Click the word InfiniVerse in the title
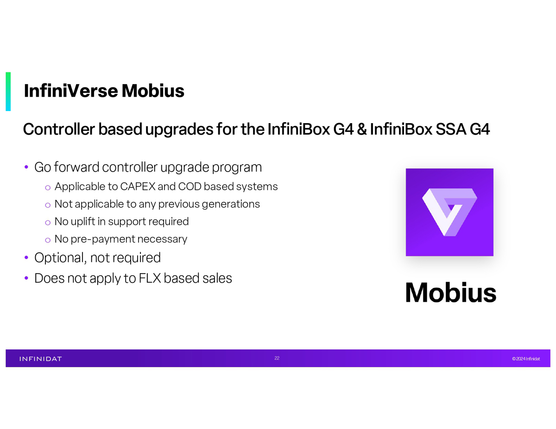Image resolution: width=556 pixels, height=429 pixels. [71, 91]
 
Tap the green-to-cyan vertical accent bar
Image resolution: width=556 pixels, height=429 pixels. [8, 92]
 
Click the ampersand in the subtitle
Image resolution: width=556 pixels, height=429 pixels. [362, 129]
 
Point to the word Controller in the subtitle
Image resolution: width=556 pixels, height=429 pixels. [59, 129]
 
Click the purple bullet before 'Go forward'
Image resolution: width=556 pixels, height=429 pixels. [26, 167]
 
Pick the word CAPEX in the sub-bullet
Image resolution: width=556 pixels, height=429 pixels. [138, 187]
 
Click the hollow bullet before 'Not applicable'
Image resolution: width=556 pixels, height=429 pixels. [48, 205]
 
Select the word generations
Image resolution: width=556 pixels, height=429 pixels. [231, 205]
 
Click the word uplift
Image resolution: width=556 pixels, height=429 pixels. [83, 222]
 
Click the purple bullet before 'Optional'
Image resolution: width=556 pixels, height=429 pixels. [26, 257]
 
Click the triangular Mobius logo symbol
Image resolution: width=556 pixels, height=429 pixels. [449, 212]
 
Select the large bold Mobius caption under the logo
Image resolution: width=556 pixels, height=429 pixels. [450, 292]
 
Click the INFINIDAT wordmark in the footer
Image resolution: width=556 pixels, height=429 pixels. [41, 359]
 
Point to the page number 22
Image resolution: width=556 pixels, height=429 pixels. [277, 358]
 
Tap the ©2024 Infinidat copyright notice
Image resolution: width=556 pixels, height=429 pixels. [526, 359]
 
